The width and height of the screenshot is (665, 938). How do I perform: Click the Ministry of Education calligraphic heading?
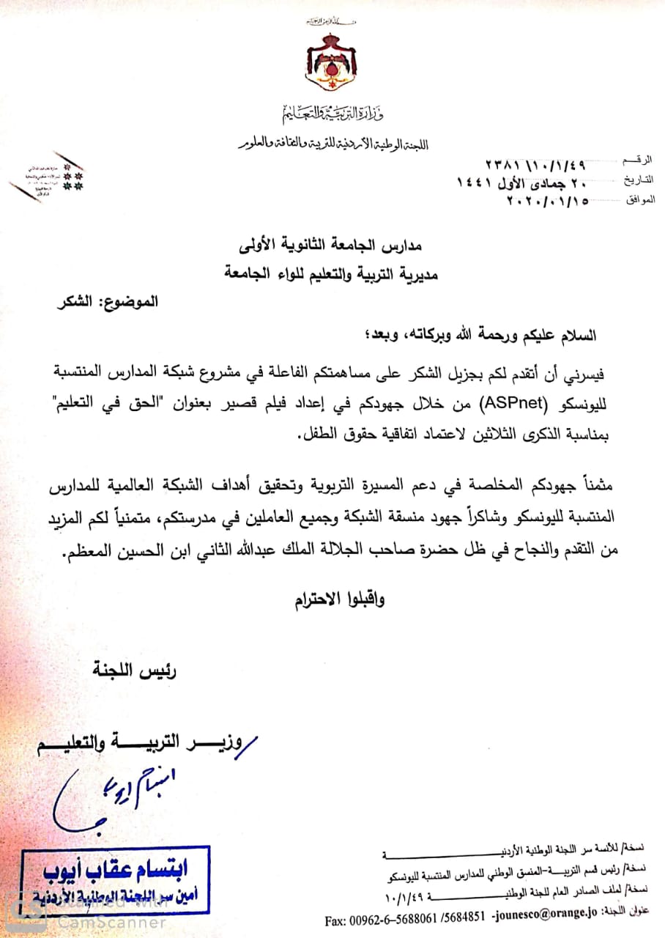332,114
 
